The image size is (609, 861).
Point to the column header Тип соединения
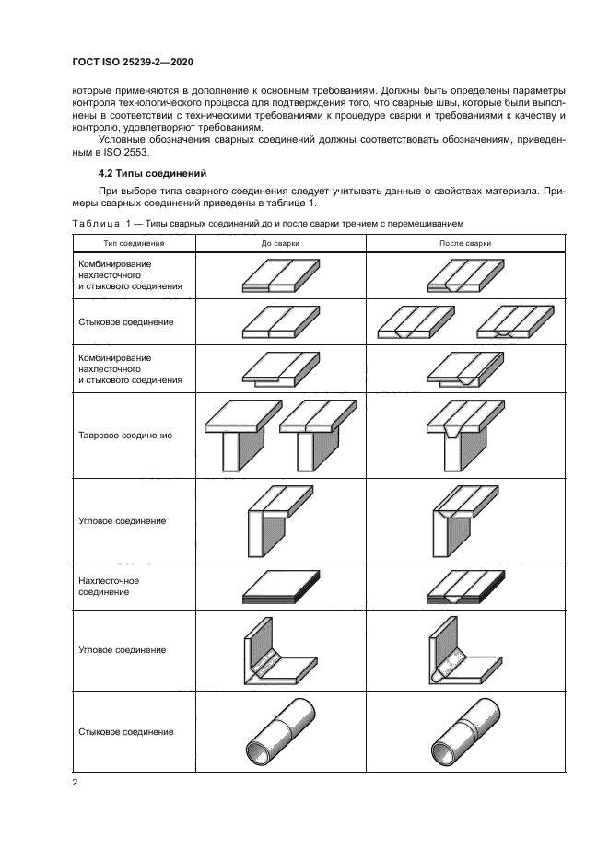click(135, 243)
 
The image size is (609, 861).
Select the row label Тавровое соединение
click(123, 435)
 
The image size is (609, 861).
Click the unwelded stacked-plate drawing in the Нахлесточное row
click(280, 587)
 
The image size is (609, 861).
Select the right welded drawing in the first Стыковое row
click(513, 322)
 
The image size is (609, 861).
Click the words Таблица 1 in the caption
click(96, 224)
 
